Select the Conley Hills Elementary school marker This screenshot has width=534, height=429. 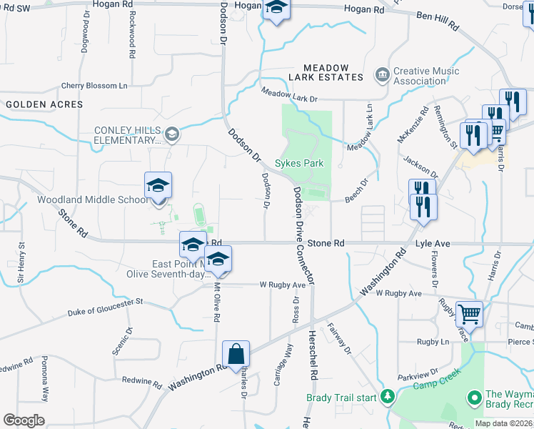click(171, 134)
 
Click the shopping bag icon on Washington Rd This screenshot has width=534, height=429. click(236, 354)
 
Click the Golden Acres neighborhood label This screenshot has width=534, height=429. click(44, 104)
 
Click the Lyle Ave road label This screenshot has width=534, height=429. click(433, 244)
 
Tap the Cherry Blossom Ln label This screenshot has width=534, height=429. click(94, 86)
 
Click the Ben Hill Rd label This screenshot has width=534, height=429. click(437, 21)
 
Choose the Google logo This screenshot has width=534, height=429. click(24, 420)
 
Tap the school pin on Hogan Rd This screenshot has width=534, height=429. click(276, 10)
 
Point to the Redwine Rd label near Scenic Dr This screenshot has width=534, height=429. click(143, 380)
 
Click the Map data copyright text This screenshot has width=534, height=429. click(504, 423)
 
